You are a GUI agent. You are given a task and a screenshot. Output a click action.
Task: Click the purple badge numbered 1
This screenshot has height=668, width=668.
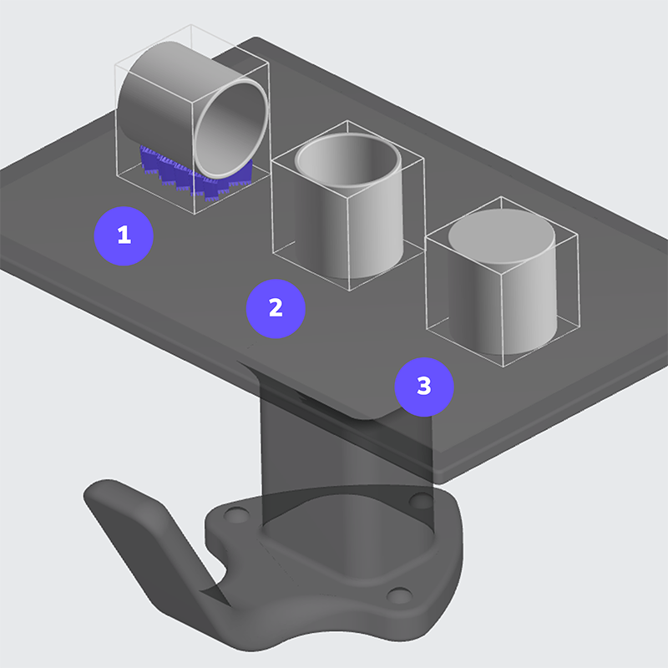[124, 236]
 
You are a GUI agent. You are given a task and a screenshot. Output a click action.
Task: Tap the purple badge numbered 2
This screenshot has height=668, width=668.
[276, 309]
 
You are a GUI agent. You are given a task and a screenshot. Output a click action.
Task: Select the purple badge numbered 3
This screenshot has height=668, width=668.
[424, 387]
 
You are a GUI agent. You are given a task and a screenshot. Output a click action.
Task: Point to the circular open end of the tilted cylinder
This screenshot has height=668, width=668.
[231, 128]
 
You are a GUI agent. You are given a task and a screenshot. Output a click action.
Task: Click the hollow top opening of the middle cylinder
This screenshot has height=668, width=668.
[347, 159]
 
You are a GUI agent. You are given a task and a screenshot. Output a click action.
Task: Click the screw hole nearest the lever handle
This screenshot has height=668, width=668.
[236, 514]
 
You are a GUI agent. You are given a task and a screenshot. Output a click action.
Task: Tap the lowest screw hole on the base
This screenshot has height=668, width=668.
[400, 595]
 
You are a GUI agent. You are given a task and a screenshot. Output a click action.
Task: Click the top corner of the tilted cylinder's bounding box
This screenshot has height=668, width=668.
[190, 25]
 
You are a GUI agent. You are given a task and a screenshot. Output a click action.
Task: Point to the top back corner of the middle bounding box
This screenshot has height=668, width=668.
[347, 120]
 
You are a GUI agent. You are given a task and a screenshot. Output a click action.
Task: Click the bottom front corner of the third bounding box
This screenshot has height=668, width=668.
[504, 367]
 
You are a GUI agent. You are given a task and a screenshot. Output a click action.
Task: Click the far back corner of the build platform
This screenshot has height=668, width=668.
[256, 38]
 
